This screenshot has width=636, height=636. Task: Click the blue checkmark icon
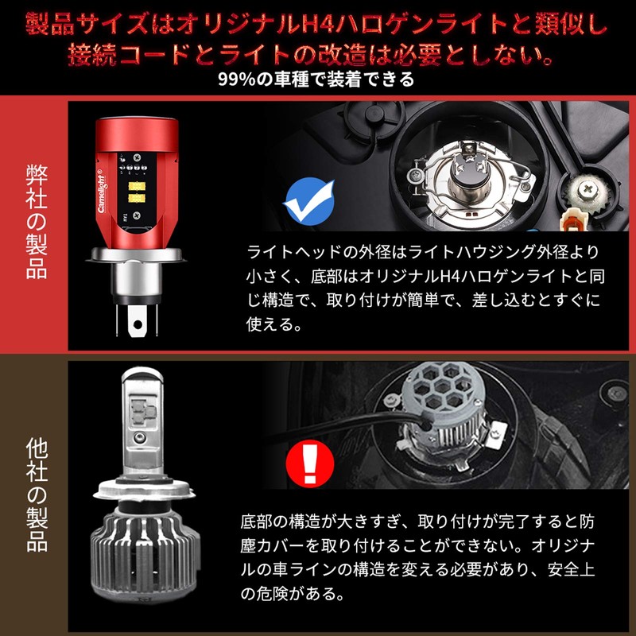click(x=310, y=202)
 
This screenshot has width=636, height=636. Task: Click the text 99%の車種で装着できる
click(x=317, y=79)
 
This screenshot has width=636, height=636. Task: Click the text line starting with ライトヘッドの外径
click(x=422, y=253)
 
